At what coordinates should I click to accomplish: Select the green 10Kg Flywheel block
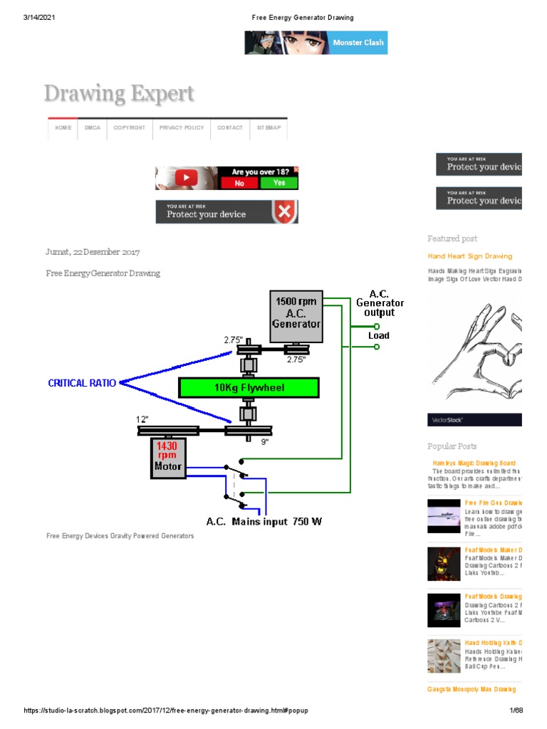249,387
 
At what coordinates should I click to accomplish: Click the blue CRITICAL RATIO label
81,383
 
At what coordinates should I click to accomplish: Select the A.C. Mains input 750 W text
264,522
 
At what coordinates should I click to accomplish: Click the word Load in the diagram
379,335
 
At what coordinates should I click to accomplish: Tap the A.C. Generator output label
379,303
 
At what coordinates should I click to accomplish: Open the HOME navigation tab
63,128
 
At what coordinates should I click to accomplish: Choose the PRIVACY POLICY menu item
182,128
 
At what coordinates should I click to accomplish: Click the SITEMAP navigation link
269,128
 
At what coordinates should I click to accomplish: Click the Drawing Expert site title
119,94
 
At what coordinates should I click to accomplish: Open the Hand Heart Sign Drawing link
469,256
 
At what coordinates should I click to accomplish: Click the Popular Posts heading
452,446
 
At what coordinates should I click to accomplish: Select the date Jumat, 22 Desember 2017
93,252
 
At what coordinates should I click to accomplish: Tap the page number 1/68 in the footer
516,711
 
